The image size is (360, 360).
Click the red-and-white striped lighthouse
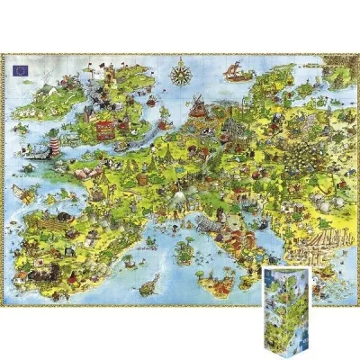coord(56,143)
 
